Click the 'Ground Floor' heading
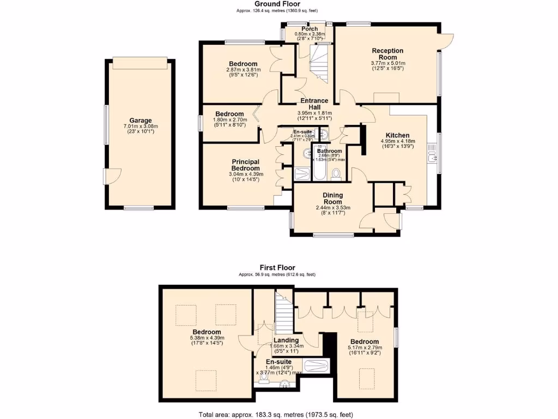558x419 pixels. (277, 4)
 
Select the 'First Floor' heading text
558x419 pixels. (277, 267)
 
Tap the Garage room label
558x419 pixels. (140, 121)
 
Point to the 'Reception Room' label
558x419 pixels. (387, 54)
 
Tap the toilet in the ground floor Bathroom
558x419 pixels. (336, 173)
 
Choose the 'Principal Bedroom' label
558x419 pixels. (245, 165)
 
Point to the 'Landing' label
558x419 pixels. (286, 340)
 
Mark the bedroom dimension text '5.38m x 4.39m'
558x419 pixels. (207, 338)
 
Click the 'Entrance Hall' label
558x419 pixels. (314, 104)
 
